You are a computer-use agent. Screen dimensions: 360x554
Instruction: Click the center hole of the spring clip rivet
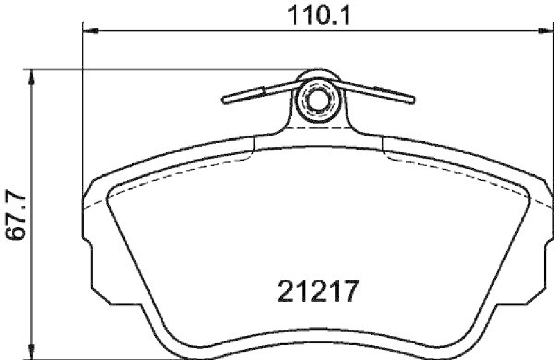click(x=317, y=99)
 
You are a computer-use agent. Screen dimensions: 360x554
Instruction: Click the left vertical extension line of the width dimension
click(x=83, y=104)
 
